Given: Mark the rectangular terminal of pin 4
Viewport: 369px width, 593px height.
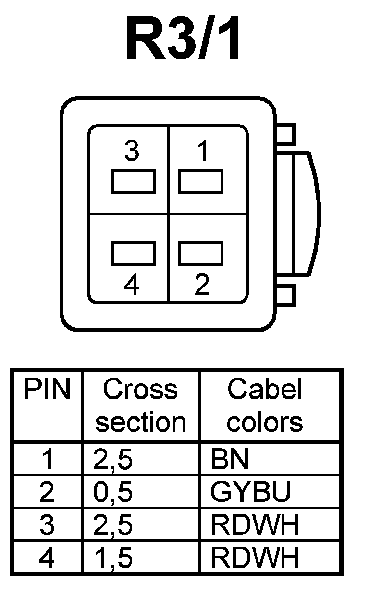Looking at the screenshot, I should [133, 253].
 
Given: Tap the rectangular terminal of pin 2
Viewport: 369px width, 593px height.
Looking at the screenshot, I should [201, 253].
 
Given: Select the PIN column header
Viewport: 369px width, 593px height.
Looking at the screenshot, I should [47, 390].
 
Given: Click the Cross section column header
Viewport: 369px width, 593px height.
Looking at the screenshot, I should [140, 405].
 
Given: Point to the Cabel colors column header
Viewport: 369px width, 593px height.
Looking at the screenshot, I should [265, 405].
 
